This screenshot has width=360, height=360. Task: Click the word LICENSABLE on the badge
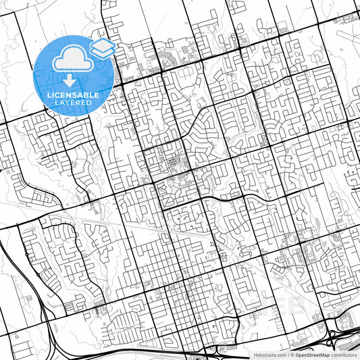pos(73,95)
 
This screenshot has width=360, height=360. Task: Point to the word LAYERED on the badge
pos(73,103)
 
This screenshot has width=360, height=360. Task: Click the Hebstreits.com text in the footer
pos(268,354)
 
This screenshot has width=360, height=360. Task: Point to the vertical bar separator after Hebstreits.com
pos(287,354)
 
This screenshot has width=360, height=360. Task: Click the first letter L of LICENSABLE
pos(49,95)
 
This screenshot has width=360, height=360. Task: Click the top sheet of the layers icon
pos(103,43)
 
